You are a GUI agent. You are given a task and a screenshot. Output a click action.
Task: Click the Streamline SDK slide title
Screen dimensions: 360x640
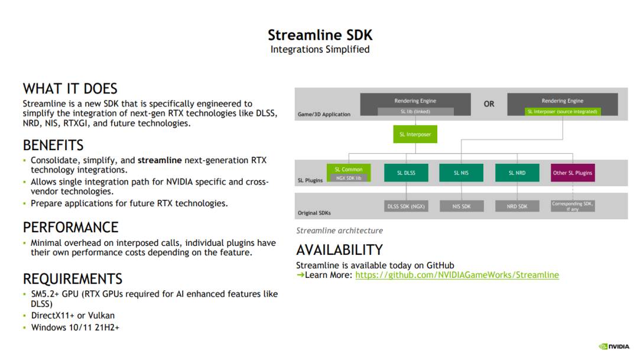click(320, 35)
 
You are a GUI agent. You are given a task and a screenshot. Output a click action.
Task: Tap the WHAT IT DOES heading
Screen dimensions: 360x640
click(70, 89)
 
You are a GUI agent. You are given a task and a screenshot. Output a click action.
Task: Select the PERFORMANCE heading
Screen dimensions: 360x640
click(70, 227)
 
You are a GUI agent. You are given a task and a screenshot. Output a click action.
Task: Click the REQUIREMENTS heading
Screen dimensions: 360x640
click(73, 278)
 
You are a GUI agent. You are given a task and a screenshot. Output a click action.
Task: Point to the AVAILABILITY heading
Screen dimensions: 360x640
click(339, 249)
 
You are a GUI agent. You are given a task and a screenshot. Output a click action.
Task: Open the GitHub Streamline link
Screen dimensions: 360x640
click(457, 275)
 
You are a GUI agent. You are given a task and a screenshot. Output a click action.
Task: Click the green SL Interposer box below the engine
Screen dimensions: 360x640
click(415, 134)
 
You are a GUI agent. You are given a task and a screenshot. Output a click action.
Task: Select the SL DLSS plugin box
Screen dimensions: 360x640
click(406, 173)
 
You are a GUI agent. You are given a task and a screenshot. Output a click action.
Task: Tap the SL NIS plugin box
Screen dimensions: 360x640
click(461, 173)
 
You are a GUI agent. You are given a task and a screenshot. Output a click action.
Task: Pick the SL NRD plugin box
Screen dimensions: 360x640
click(516, 173)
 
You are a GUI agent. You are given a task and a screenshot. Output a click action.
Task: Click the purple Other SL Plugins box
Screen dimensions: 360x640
click(572, 173)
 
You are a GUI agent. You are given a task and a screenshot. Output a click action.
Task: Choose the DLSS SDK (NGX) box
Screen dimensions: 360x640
click(406, 206)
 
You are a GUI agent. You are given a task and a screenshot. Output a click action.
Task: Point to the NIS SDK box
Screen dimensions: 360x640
click(461, 206)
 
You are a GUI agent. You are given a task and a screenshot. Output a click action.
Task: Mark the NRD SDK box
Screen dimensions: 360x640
click(516, 206)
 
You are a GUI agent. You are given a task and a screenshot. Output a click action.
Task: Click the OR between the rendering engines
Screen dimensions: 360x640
click(489, 104)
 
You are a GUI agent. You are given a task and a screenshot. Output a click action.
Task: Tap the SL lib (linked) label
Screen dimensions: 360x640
click(415, 111)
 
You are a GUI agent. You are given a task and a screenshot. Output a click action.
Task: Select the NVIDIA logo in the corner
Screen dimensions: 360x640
click(615, 346)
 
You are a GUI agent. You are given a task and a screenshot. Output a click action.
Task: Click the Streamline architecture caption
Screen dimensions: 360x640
click(339, 231)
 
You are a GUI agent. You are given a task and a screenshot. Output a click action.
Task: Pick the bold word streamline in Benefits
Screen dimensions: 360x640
click(160, 160)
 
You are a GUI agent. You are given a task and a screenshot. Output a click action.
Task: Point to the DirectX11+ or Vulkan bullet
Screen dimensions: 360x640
click(73, 315)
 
